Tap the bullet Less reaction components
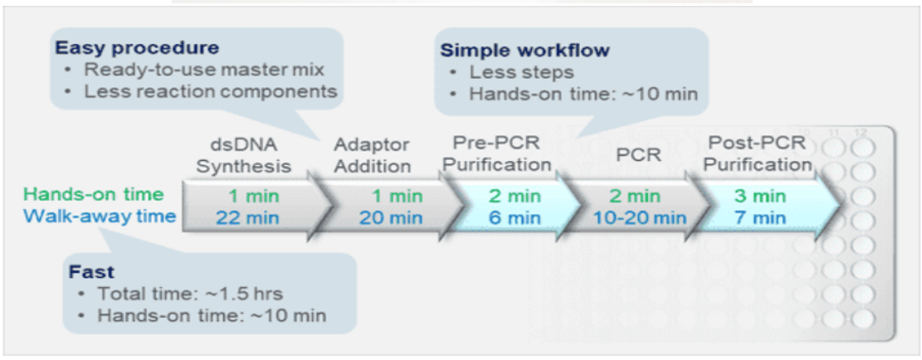point(211,90)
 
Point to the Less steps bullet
point(521,72)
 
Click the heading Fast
point(92,272)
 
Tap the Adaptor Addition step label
point(372,154)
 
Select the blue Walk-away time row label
point(100,216)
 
